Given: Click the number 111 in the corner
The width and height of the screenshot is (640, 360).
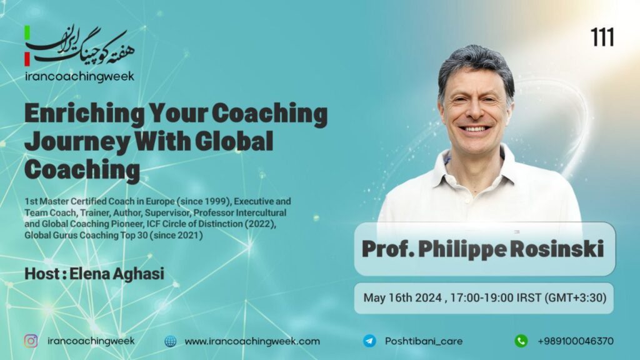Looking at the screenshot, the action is [602, 37].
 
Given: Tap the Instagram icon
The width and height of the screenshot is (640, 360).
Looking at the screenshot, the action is [31, 341].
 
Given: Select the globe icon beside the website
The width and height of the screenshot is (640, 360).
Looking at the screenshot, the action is [170, 341].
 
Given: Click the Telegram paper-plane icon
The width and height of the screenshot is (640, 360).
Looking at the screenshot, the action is [370, 341].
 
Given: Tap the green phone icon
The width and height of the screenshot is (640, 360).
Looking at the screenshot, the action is [521, 341].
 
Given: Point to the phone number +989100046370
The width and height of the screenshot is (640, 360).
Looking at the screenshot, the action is [576, 341].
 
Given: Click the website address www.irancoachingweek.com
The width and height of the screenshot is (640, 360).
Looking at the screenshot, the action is [252, 342].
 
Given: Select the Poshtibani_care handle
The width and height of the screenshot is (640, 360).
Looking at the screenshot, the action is [424, 341].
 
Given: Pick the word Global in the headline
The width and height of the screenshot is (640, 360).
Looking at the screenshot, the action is [234, 141].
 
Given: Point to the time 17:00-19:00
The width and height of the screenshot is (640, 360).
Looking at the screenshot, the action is [482, 297].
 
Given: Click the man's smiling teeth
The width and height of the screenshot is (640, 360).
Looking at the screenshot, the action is [475, 129].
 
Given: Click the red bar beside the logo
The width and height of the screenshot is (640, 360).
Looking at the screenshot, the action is [27, 59].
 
